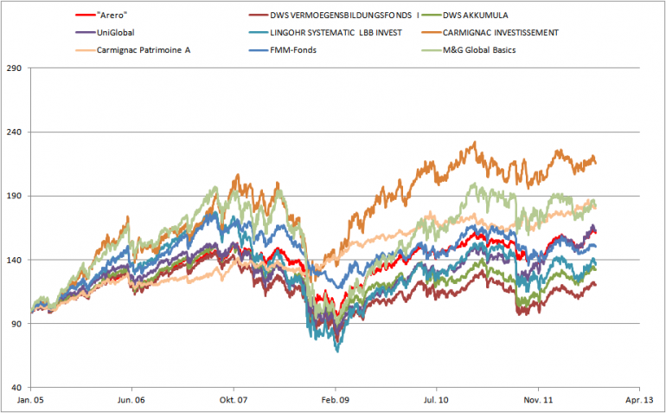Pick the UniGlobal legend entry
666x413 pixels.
116,32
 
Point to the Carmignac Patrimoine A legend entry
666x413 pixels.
142,49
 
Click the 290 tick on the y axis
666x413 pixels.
15,68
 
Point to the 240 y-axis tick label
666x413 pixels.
15,132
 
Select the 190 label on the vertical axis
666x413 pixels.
15,196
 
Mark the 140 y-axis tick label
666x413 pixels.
15,260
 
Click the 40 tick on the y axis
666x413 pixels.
17,387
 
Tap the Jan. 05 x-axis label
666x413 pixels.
30,401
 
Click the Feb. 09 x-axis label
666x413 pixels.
336,401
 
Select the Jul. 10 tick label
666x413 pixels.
437,401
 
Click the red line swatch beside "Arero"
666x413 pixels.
86,15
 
